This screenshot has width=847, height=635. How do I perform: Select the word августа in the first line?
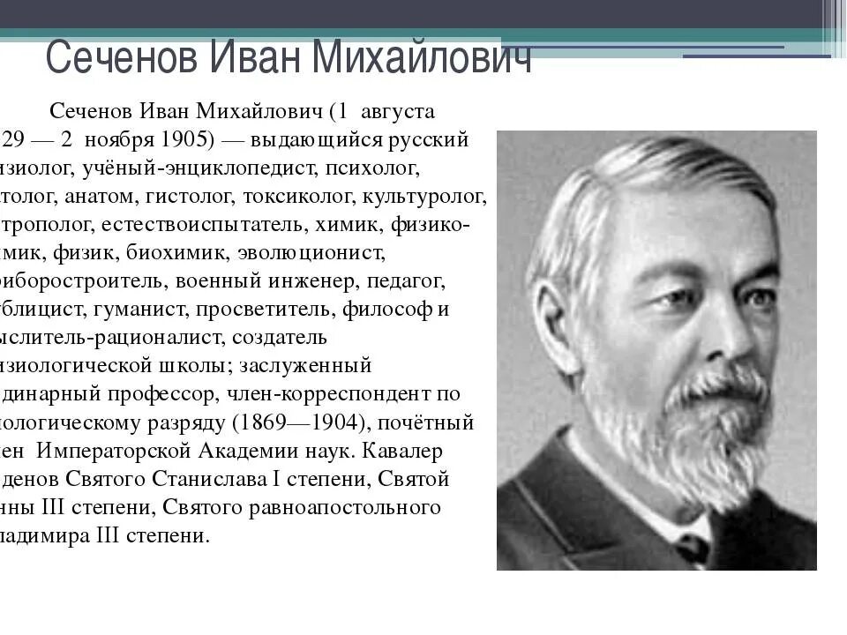tap(394, 112)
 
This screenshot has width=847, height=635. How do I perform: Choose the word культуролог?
tap(438, 195)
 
